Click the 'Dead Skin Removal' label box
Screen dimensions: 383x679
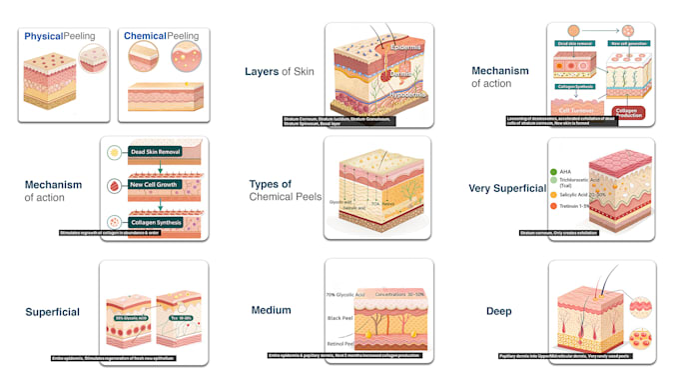tap(159, 152)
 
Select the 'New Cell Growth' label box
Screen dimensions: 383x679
tap(159, 186)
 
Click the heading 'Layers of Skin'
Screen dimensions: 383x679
tap(278, 71)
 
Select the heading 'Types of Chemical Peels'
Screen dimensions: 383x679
tap(285, 190)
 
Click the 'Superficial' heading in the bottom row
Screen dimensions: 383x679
tap(53, 312)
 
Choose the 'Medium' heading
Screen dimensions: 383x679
tap(271, 310)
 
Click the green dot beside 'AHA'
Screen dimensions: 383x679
tap(552, 172)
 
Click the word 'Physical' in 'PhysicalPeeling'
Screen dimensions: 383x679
tap(41, 36)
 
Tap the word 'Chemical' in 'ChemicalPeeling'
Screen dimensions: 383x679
tap(145, 36)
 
